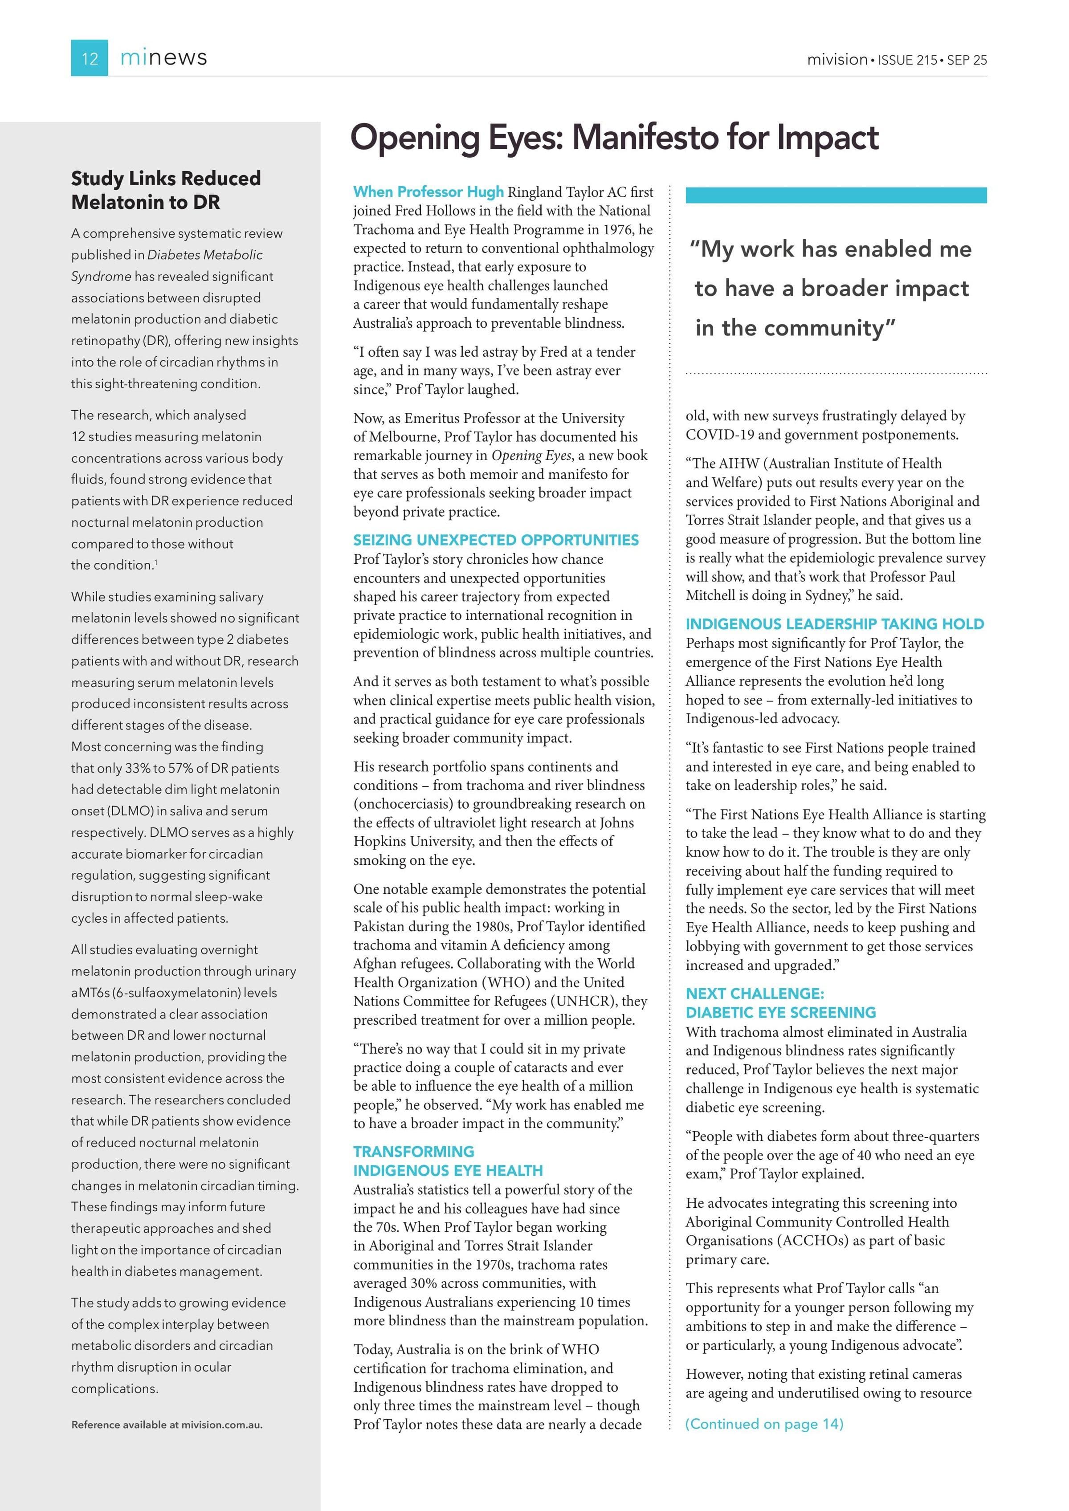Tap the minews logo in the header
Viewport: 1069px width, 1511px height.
click(x=163, y=58)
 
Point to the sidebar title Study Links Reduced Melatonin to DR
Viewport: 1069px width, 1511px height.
click(x=166, y=190)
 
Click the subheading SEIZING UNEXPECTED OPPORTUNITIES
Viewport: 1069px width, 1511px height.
click(x=496, y=540)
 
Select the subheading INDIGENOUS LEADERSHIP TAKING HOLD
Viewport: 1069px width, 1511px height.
click(x=835, y=624)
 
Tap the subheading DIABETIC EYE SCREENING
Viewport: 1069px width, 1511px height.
click(x=781, y=1012)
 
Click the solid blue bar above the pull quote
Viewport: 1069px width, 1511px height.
click(x=836, y=195)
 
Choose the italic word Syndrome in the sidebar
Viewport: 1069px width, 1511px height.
click(x=101, y=277)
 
